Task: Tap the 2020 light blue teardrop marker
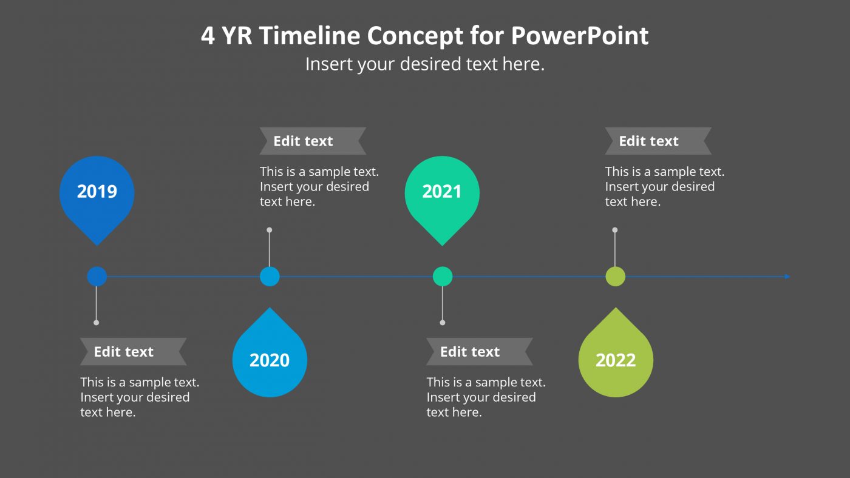click(270, 359)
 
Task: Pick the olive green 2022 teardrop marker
click(616, 359)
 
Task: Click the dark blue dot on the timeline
click(97, 277)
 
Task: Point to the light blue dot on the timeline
click(270, 277)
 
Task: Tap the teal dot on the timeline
click(443, 277)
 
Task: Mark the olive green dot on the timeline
click(616, 277)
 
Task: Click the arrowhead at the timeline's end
click(787, 277)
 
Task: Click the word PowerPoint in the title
click(580, 36)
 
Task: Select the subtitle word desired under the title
click(431, 64)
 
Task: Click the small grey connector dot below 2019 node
click(97, 323)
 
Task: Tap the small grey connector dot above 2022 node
click(615, 230)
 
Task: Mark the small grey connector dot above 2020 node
click(270, 230)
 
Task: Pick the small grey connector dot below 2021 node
click(443, 323)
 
